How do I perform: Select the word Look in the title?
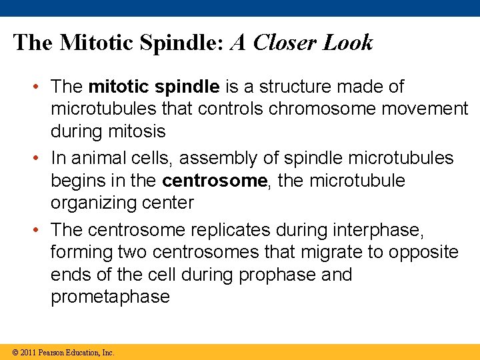[348, 43]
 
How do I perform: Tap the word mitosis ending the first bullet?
[139, 131]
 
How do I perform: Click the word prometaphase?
[110, 297]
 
